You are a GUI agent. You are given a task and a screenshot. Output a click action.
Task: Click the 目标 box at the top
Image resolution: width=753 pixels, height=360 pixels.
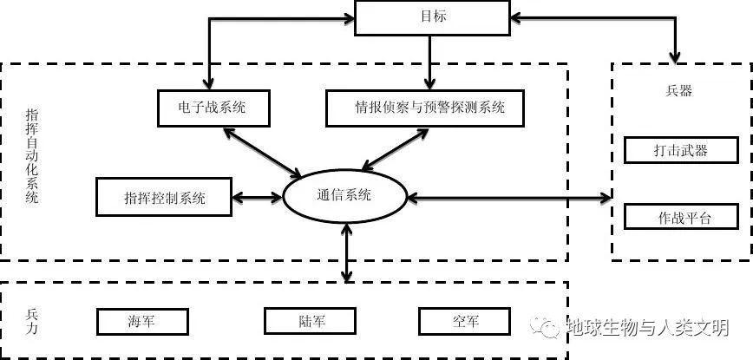[430, 17]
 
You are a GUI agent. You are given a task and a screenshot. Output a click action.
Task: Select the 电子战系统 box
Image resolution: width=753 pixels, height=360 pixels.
[213, 108]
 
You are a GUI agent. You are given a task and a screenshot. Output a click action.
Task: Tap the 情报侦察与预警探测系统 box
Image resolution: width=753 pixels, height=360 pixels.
[428, 108]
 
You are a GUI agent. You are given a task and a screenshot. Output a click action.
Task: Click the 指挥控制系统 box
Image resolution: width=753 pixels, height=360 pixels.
[164, 197]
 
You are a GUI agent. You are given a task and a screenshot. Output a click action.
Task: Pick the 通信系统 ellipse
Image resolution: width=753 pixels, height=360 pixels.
[344, 195]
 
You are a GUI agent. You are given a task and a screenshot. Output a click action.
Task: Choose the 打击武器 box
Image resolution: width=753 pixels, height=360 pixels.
[680, 150]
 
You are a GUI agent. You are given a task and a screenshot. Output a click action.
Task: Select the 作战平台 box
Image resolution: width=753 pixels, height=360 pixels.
[680, 216]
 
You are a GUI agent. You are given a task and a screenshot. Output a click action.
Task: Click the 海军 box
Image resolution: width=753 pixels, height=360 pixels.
[141, 322]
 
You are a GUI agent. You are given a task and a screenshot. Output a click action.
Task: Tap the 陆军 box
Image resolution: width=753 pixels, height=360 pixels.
[310, 322]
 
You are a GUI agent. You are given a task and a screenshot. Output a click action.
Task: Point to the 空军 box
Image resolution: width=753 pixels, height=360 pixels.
[465, 322]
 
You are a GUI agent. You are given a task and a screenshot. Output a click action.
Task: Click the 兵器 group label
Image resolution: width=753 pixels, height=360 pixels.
[680, 90]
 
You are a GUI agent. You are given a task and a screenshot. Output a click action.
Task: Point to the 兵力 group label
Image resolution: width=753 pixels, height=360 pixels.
[32, 321]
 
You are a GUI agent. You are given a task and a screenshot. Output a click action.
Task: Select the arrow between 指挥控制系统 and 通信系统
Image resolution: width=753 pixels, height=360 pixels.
[259, 198]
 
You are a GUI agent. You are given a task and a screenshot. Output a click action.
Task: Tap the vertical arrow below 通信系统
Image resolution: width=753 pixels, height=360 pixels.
[347, 252]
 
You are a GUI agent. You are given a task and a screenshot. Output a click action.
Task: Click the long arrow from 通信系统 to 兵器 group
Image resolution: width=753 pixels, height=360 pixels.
[507, 198]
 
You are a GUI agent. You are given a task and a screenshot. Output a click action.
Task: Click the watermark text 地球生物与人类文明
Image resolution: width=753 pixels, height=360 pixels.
[645, 328]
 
